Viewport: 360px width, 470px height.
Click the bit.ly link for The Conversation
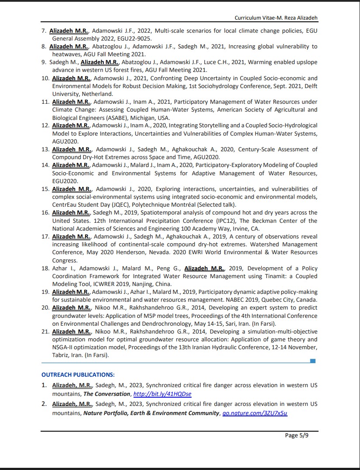(162, 394)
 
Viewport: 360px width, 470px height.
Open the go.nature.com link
(255, 413)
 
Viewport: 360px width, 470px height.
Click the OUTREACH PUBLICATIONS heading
(78, 375)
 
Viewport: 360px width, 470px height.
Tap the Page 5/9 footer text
(297, 435)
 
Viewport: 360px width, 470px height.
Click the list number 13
(45, 150)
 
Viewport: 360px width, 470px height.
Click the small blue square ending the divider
(312, 361)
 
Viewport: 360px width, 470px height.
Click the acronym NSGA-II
(64, 347)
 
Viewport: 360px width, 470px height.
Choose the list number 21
(45, 332)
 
